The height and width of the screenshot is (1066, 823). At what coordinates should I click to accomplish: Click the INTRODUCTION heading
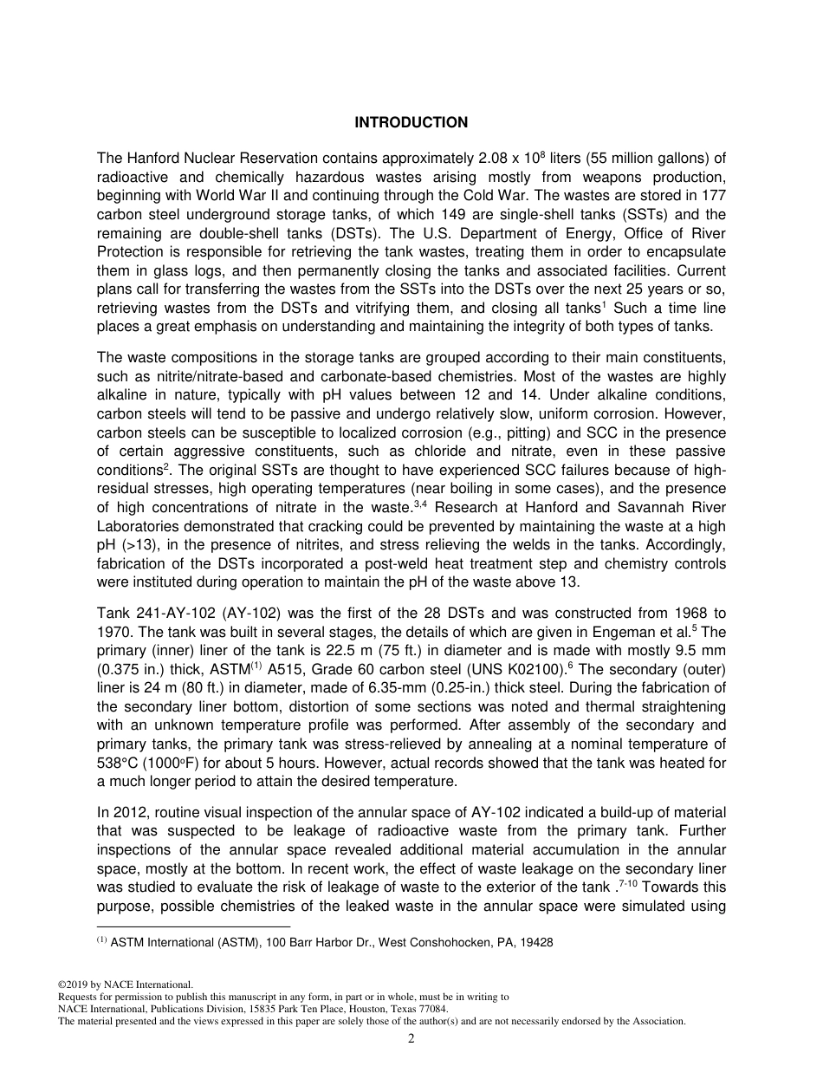coord(411,123)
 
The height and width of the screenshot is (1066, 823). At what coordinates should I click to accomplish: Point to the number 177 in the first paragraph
coord(714,196)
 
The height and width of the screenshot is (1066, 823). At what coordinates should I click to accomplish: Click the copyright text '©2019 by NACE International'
coord(124,985)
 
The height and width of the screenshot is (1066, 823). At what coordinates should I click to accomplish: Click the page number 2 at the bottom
coord(411,1039)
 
